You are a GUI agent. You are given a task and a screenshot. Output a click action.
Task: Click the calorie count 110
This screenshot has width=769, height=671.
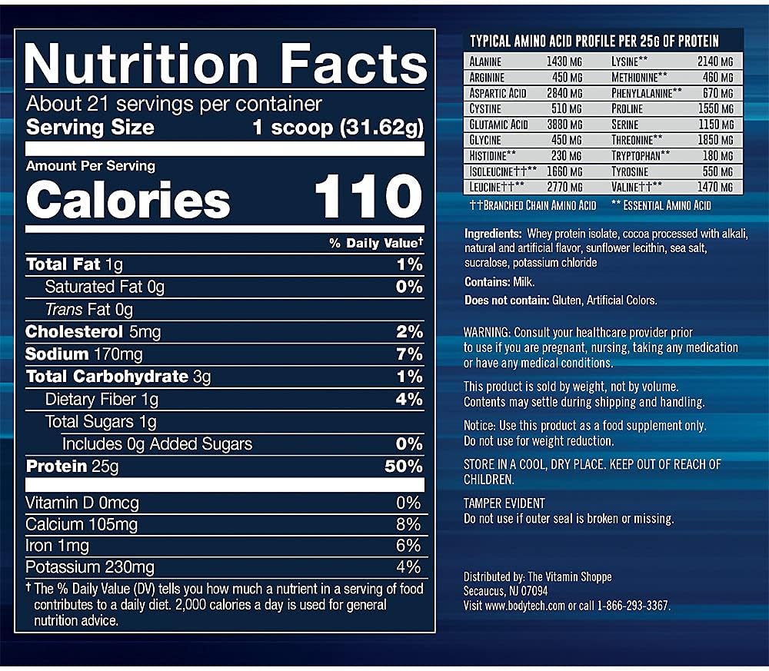(x=368, y=198)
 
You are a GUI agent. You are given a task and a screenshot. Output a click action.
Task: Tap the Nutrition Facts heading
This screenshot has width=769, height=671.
(x=225, y=65)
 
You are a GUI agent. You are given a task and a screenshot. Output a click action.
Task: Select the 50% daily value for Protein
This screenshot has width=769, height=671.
(x=404, y=467)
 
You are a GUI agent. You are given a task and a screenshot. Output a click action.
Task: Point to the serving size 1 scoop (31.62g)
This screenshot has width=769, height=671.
(x=338, y=128)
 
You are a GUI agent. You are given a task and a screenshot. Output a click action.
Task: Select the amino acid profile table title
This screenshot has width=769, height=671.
(x=594, y=41)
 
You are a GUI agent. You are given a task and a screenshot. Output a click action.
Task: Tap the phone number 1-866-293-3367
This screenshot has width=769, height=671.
(x=630, y=606)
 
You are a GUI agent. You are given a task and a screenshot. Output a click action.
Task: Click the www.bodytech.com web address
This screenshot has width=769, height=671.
(x=527, y=606)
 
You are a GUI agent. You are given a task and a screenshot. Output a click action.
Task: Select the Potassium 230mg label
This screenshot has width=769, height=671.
(x=90, y=567)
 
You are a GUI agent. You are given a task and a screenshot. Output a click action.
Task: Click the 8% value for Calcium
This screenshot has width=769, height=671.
(x=408, y=524)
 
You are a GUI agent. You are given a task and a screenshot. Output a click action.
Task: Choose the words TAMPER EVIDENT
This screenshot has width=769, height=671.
(x=504, y=503)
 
